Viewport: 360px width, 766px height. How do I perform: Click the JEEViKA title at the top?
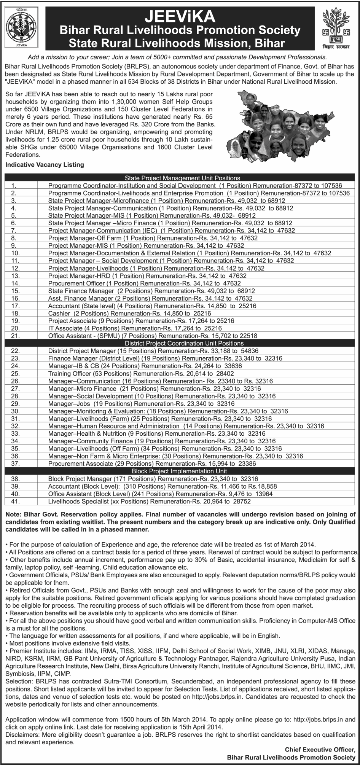pyautogui.click(x=180, y=16)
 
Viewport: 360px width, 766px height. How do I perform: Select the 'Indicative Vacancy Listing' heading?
pyautogui.click(x=45, y=165)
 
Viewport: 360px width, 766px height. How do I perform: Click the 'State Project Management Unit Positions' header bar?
pyautogui.click(x=182, y=178)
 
